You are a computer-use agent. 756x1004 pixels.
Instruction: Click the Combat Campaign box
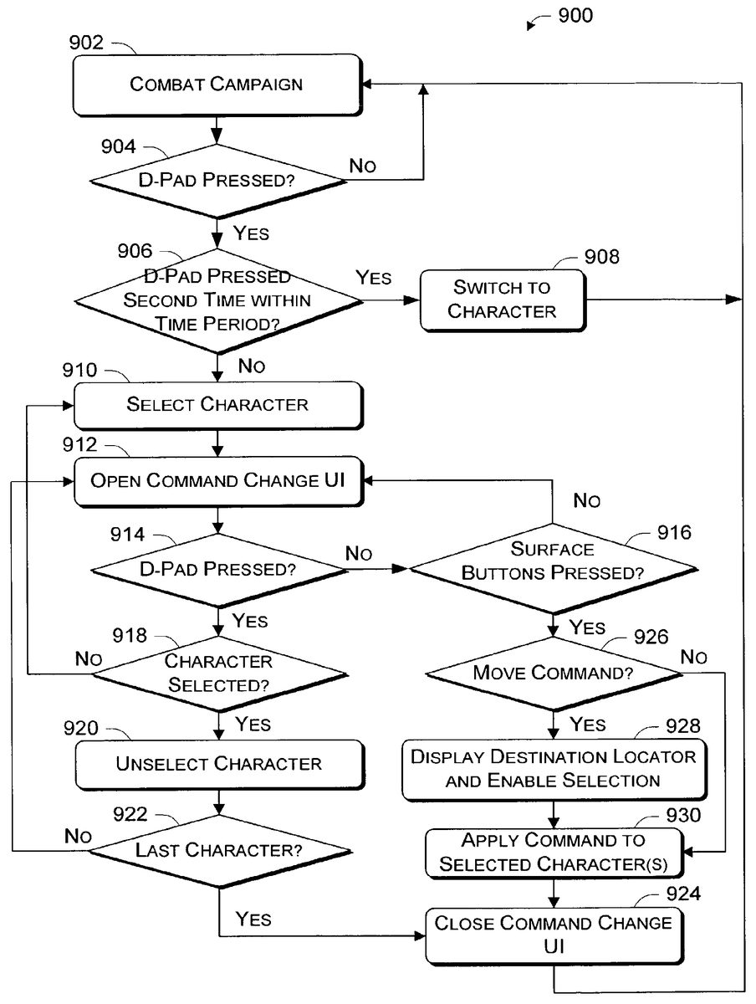pyautogui.click(x=216, y=84)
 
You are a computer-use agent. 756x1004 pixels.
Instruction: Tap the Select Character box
pyautogui.click(x=217, y=405)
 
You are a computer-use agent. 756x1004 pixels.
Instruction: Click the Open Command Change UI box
pyautogui.click(x=217, y=481)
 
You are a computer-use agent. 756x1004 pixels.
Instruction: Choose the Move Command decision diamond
pyautogui.click(x=552, y=672)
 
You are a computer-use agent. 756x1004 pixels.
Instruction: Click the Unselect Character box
pyautogui.click(x=219, y=764)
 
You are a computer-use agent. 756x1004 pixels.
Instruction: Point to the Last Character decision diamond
pyautogui.click(x=219, y=850)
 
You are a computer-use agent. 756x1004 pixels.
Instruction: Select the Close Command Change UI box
pyautogui.click(x=553, y=935)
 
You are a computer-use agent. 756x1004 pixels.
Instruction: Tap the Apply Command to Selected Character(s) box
pyautogui.click(x=553, y=852)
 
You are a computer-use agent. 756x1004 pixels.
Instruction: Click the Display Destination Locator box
pyautogui.click(x=553, y=768)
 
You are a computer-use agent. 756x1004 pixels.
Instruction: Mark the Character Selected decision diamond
pyautogui.click(x=219, y=672)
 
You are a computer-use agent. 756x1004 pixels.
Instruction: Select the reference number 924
pyautogui.click(x=683, y=895)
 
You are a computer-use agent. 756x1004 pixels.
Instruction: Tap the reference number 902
pyautogui.click(x=86, y=42)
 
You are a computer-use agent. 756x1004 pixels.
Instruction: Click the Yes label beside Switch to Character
pyautogui.click(x=373, y=278)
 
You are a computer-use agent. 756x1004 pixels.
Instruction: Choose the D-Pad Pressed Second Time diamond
pyautogui.click(x=217, y=300)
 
